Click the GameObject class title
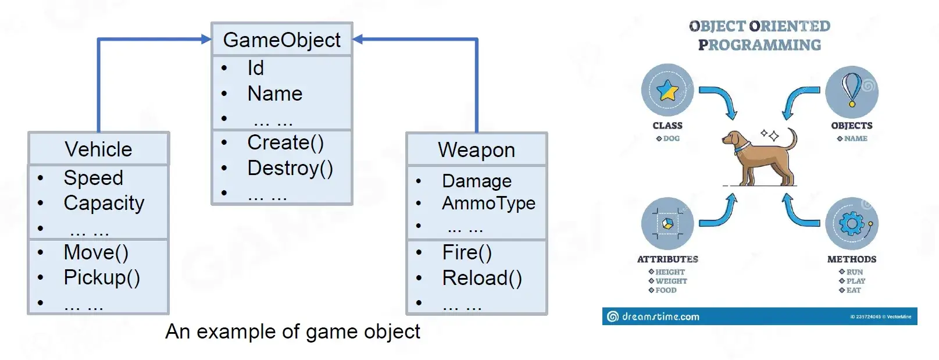click(281, 40)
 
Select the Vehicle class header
click(98, 149)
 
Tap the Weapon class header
click(477, 150)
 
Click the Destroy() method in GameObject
click(290, 168)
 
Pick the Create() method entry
click(285, 142)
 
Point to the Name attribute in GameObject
click(275, 94)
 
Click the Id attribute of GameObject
click(256, 68)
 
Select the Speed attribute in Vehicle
click(94, 178)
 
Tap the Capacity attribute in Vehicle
click(104, 203)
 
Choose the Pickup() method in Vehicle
click(102, 277)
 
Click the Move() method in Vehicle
click(96, 252)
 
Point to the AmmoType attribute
click(489, 203)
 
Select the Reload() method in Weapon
click(482, 278)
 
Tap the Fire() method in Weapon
click(467, 252)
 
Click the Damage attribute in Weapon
click(477, 181)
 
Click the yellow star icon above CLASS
click(667, 91)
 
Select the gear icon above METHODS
click(851, 223)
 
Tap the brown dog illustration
click(759, 157)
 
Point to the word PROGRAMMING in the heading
click(759, 45)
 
